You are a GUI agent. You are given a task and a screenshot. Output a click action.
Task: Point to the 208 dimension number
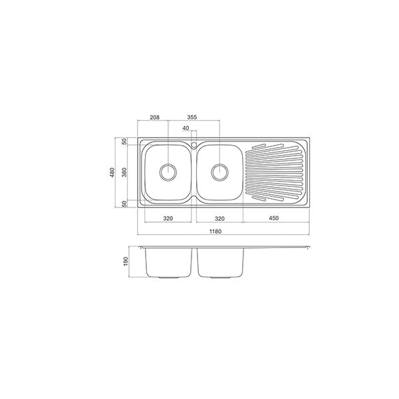click(x=155, y=117)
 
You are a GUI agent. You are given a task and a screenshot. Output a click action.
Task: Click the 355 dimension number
click(x=192, y=117)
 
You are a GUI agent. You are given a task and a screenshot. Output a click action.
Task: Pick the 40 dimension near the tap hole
click(x=185, y=128)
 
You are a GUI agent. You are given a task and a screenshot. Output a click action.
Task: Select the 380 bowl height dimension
click(x=124, y=172)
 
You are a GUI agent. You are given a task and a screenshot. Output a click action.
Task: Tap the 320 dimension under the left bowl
click(x=168, y=218)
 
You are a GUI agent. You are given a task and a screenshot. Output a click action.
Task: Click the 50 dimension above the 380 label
click(x=124, y=142)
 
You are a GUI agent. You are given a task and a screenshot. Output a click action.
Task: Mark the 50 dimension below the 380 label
click(x=124, y=203)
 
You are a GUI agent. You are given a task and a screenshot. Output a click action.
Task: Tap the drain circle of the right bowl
click(x=219, y=172)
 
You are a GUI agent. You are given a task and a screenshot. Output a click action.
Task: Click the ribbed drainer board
click(x=275, y=172)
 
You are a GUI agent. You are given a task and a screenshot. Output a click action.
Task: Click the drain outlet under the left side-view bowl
click(x=169, y=276)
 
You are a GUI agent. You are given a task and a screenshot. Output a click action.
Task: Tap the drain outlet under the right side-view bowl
click(x=219, y=276)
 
